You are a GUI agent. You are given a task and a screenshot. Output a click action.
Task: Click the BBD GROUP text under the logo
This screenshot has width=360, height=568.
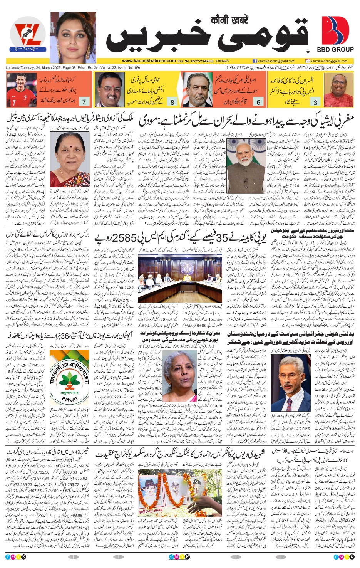(335, 50)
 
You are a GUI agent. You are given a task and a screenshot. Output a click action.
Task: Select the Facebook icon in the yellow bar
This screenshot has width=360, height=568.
(255, 61)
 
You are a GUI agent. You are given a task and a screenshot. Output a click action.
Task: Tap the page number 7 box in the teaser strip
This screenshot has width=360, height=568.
(84, 102)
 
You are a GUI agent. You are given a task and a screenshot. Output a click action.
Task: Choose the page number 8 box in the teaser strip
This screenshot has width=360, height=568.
(172, 102)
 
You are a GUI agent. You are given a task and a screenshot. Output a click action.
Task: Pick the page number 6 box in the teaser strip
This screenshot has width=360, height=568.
(258, 102)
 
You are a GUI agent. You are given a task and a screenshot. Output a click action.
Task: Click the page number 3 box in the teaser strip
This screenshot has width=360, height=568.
(315, 102)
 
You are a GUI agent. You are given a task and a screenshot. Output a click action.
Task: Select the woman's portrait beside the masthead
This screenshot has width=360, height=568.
(73, 37)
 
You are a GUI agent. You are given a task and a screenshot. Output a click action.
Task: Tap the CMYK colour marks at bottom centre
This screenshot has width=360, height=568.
(179, 557)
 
